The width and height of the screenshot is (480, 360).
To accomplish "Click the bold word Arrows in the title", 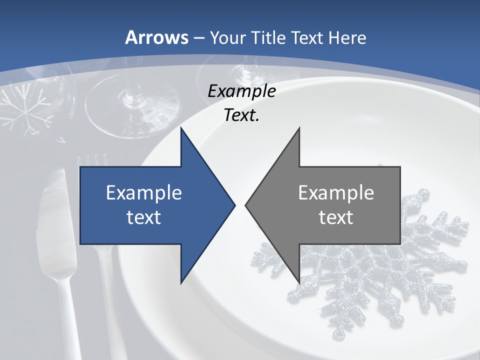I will (x=157, y=37).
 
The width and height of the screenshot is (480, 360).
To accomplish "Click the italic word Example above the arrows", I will (x=241, y=91).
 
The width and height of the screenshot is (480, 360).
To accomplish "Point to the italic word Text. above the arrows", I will (x=241, y=115).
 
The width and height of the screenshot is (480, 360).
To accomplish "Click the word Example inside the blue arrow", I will (x=144, y=193).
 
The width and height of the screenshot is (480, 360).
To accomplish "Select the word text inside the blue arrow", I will (x=144, y=217).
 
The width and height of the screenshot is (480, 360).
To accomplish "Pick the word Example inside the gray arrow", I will (x=336, y=193).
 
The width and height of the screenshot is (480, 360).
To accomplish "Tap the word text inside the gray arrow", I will (x=336, y=217).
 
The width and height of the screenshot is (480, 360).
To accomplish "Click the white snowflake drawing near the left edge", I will (x=25, y=107).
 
